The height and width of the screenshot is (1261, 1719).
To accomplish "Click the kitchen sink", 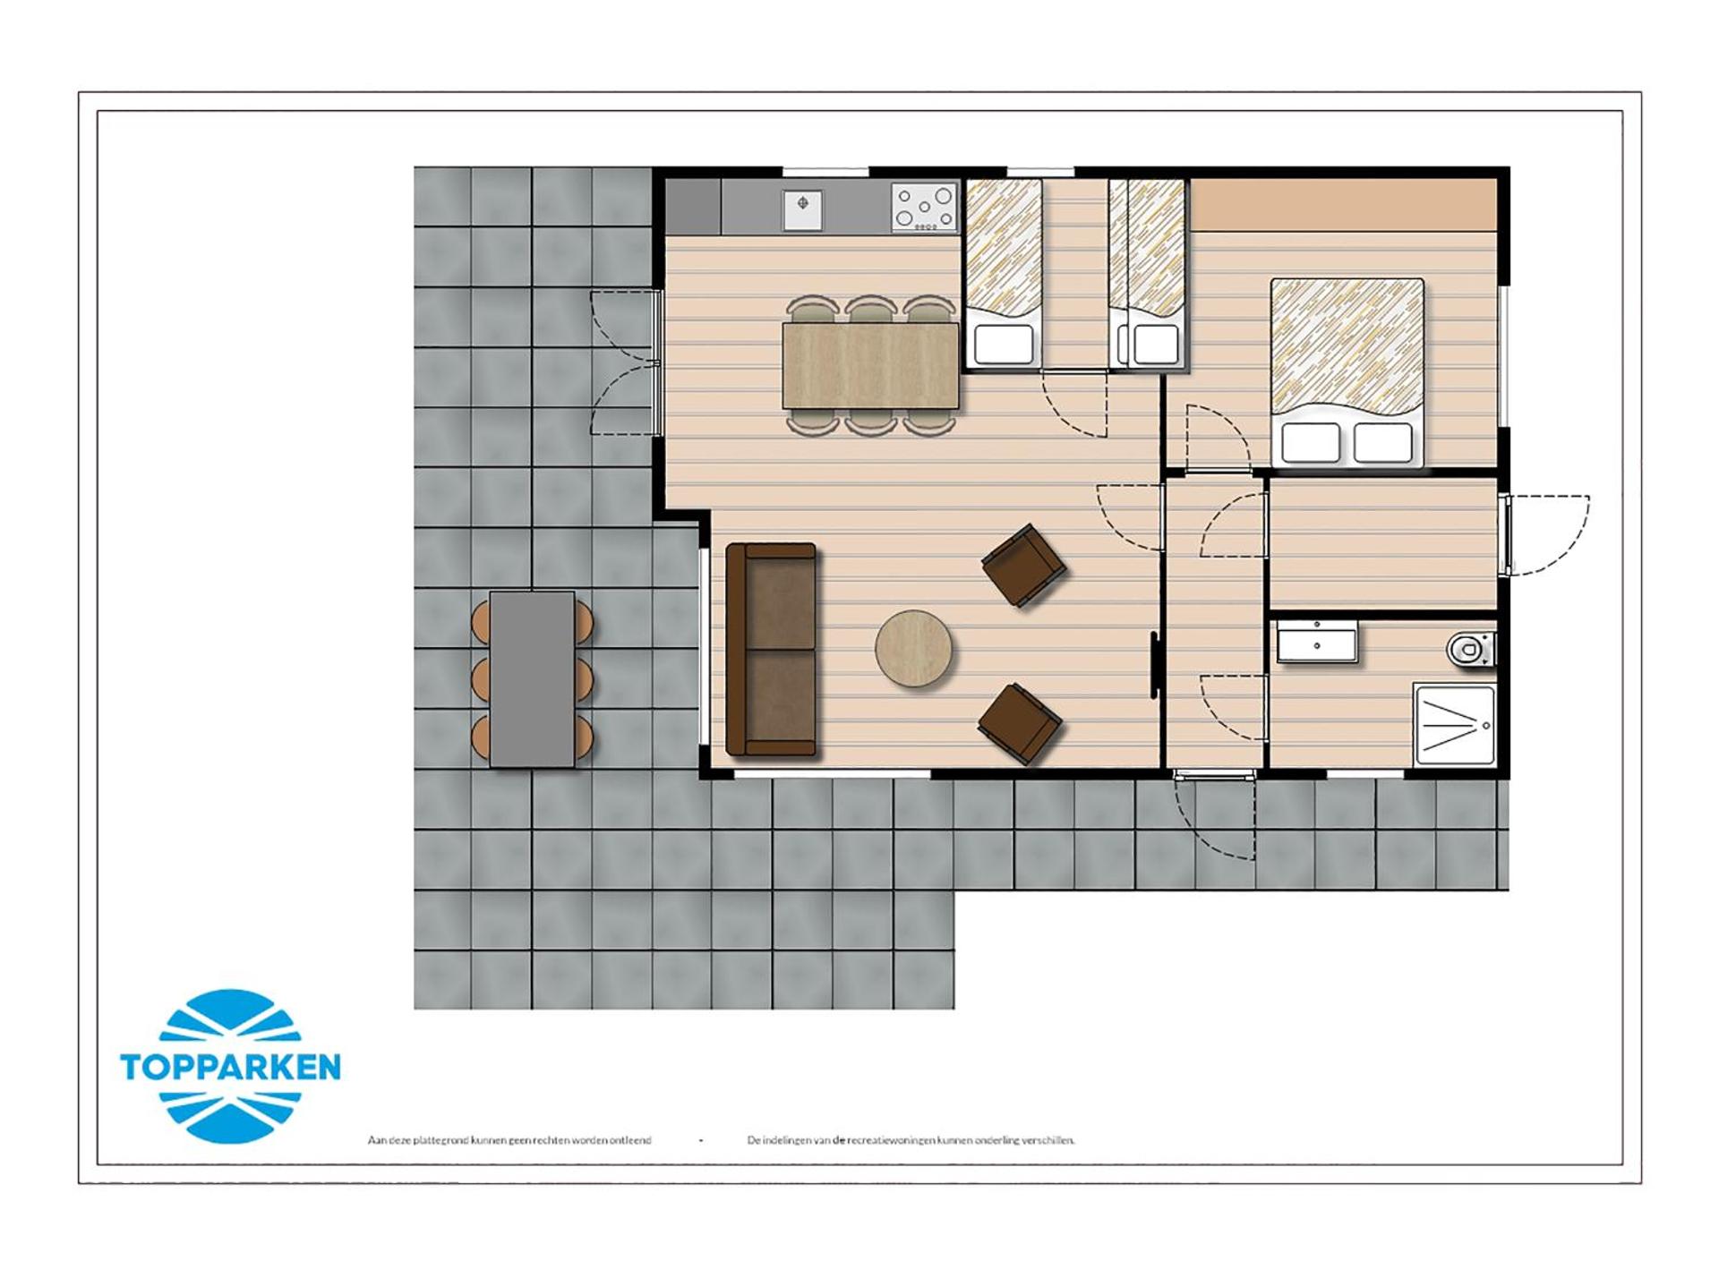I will coord(802,209).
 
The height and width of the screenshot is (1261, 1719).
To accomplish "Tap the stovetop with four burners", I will coord(924,208).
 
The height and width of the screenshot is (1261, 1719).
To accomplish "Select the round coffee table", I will coord(912,649).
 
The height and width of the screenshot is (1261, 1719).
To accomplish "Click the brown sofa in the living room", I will coord(771,649).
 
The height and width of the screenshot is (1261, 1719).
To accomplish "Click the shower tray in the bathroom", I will coord(1454,724).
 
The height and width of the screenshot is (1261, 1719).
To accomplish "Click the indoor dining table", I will coord(870,365).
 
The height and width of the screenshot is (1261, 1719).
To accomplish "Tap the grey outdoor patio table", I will coord(532,678).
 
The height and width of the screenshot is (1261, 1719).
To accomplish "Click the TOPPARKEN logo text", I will coord(230,1067).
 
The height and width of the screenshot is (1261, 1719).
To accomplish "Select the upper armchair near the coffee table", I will coord(1023,565).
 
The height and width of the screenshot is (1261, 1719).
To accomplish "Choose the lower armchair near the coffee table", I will coord(1020,722).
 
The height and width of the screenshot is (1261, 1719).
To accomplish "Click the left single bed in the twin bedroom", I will coord(1004,273).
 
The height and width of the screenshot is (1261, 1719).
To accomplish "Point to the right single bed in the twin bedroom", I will coord(1149,273).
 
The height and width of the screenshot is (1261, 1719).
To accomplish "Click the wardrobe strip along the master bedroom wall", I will coord(1343,204).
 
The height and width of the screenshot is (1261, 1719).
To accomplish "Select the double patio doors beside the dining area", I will coord(627,362).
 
